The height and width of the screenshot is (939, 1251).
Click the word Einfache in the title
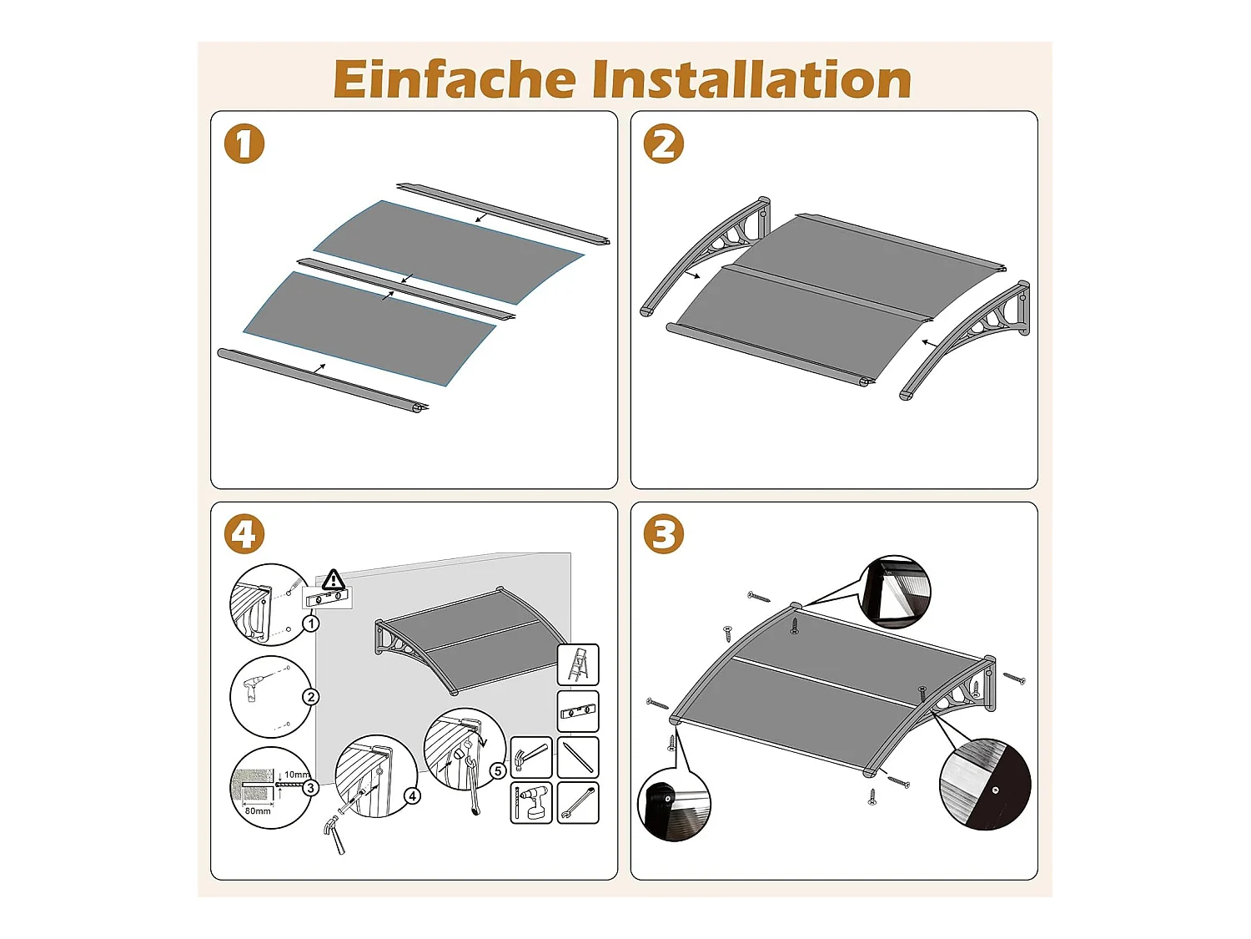tap(455, 80)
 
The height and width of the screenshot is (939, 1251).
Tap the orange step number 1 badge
tap(244, 144)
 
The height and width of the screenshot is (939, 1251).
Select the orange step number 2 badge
tap(664, 144)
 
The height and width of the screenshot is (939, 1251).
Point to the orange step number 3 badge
tap(664, 535)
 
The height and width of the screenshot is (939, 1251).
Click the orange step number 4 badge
tap(244, 535)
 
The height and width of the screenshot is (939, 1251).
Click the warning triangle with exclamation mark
tap(334, 579)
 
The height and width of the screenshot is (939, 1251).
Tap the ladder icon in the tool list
tap(578, 665)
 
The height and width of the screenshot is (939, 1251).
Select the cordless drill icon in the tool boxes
tap(531, 803)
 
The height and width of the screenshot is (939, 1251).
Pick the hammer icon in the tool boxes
tap(531, 757)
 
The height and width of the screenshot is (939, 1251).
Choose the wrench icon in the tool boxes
tap(578, 803)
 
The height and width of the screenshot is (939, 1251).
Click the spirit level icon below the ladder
tap(578, 712)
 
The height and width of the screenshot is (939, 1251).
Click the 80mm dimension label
tap(258, 810)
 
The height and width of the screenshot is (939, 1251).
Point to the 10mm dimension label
tap(295, 775)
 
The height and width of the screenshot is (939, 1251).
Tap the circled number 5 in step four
tap(498, 770)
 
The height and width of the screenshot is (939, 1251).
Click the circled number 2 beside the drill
tap(311, 697)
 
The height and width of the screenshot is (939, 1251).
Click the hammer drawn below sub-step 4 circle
tap(334, 835)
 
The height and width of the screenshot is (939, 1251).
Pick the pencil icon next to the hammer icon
tap(578, 757)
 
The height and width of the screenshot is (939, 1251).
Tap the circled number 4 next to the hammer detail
tap(412, 796)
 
